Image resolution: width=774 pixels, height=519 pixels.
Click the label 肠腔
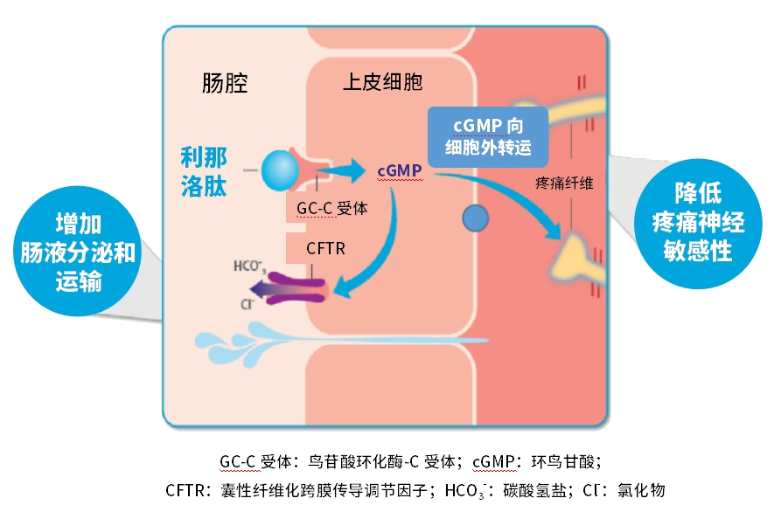(225, 84)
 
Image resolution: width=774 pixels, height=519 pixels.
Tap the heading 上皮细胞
(382, 83)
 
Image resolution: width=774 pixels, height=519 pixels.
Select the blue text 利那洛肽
(204, 170)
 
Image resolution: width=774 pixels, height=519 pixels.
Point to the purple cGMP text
(400, 170)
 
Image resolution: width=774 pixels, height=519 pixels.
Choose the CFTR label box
(325, 248)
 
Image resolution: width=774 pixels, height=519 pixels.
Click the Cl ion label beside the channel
(246, 306)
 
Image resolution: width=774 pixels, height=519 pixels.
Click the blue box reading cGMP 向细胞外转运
(487, 135)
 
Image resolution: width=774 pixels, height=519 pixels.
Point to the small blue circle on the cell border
(475, 218)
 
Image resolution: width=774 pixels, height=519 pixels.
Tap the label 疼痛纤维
(564, 183)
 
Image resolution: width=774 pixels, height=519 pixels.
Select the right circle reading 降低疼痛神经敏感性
(697, 222)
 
